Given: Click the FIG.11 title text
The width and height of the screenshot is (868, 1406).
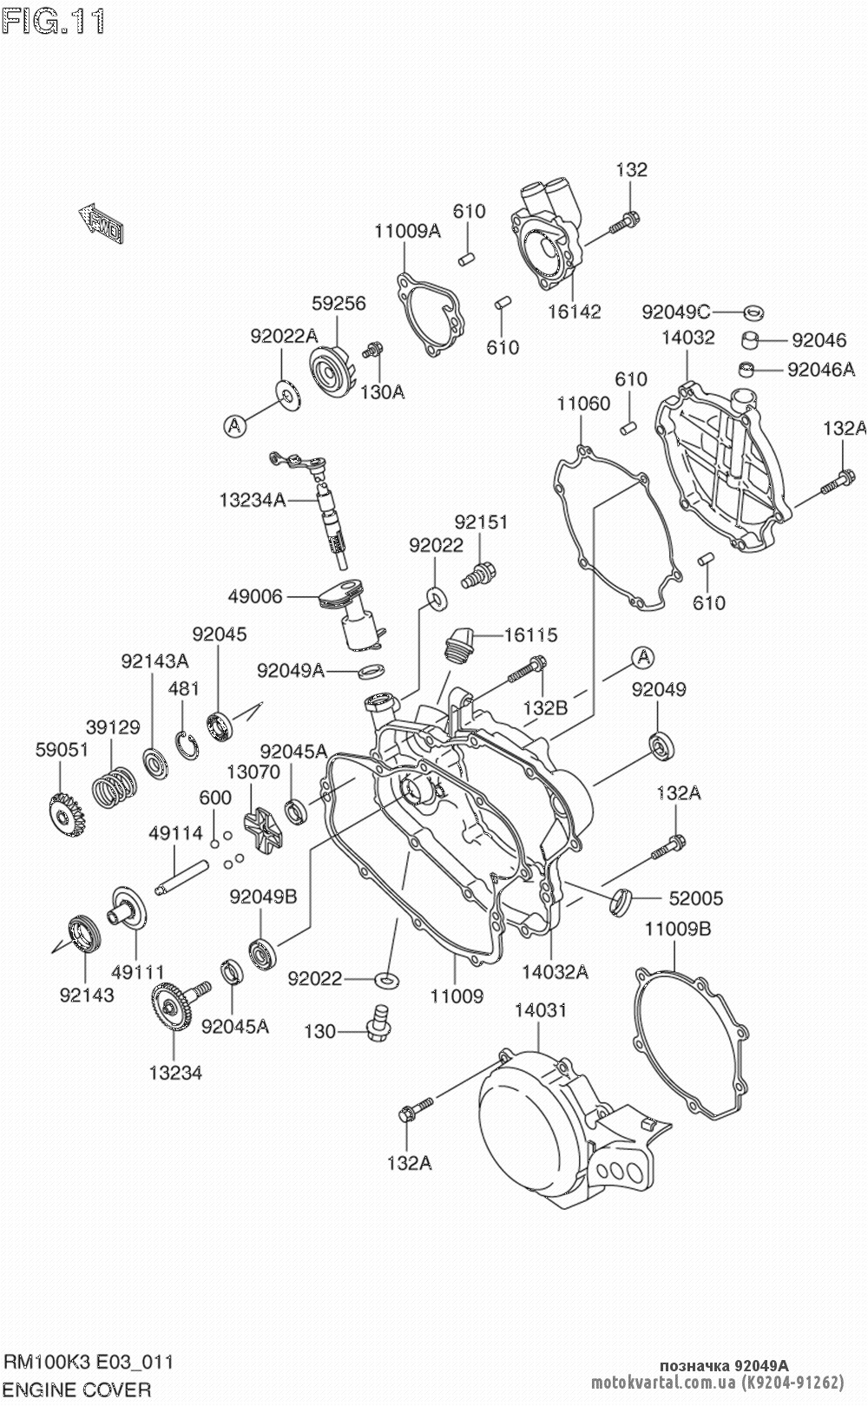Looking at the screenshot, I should point(54,23).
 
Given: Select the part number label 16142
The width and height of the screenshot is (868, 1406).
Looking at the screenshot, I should point(574,312).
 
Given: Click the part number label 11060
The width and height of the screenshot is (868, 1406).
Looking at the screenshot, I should point(583,403).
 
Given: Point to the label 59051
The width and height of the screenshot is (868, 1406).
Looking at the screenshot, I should point(62,749).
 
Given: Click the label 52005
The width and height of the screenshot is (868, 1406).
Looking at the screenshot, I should point(695,898).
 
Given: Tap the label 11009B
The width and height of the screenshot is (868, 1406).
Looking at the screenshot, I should point(677,930).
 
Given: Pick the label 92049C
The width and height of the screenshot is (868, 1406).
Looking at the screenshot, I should point(676,311).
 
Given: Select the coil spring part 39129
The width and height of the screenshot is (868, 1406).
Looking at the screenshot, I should point(114,789).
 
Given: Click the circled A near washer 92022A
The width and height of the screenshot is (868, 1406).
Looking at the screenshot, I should point(233,425).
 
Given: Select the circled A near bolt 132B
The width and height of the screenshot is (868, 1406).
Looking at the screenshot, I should point(642,657).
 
